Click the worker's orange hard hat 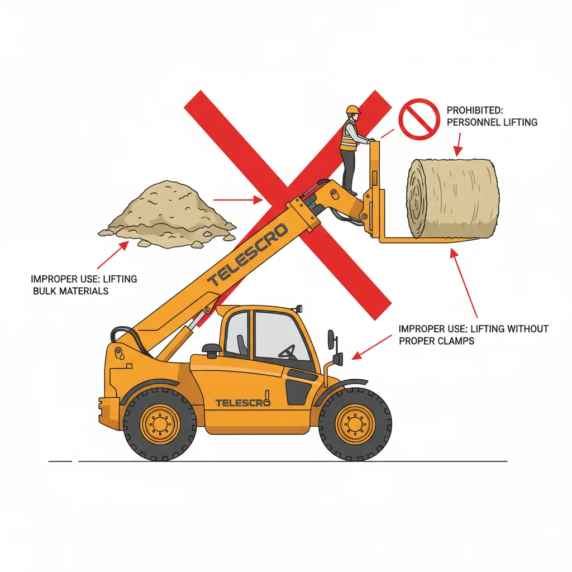[353, 110]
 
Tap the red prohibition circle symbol [419, 120]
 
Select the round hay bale [452, 198]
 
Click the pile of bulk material [166, 214]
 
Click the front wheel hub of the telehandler [354, 424]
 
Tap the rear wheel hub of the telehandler [160, 424]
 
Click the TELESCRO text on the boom [247, 254]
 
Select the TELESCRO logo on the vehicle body [242, 403]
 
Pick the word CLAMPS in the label [456, 341]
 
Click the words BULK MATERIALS [71, 291]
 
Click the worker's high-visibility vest [348, 136]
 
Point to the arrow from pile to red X [238, 200]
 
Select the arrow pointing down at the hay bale [459, 145]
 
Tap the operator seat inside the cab [242, 345]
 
